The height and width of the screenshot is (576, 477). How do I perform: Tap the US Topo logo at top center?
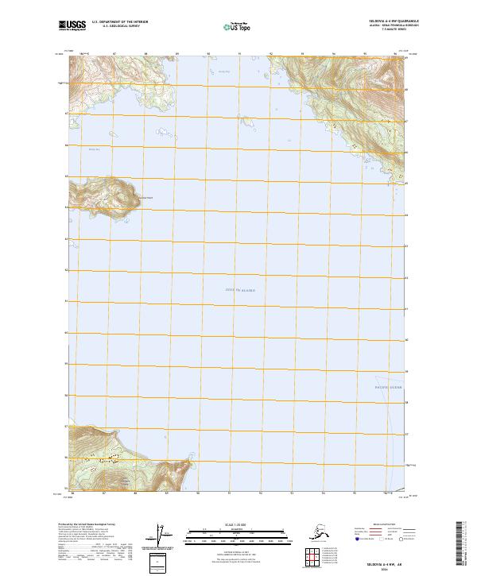[236, 27]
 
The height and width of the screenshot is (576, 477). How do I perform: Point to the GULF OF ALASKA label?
[240, 290]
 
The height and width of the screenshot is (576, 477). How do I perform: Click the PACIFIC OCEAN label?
[388, 387]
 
